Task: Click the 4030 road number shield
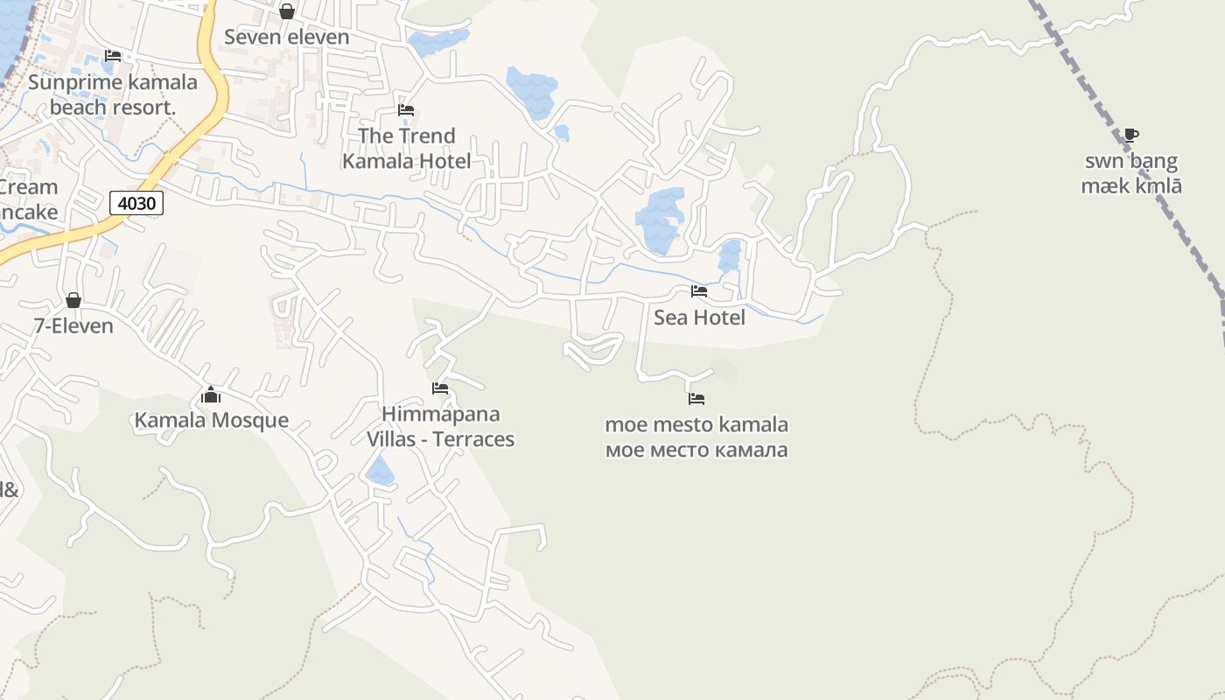coord(136,204)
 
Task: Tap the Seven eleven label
coord(286,37)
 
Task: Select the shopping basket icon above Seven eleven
coord(286,11)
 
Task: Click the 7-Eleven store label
coord(73,325)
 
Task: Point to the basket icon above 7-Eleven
coord(73,300)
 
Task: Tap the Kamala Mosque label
coord(211,420)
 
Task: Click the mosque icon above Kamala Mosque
coord(210,395)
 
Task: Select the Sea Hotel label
coord(699,317)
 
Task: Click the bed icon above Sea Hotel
coord(698,290)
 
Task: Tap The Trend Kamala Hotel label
coord(406,148)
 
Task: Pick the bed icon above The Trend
coord(406,110)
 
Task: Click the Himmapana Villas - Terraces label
coord(440,426)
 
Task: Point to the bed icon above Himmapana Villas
coord(440,388)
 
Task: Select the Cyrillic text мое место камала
coord(696,450)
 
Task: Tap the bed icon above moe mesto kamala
coord(696,399)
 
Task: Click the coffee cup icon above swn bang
coord(1130,135)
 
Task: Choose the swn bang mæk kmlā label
coord(1131,173)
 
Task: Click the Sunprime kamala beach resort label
coord(113,94)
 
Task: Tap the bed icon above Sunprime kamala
coord(113,56)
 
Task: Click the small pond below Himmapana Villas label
coord(380,471)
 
